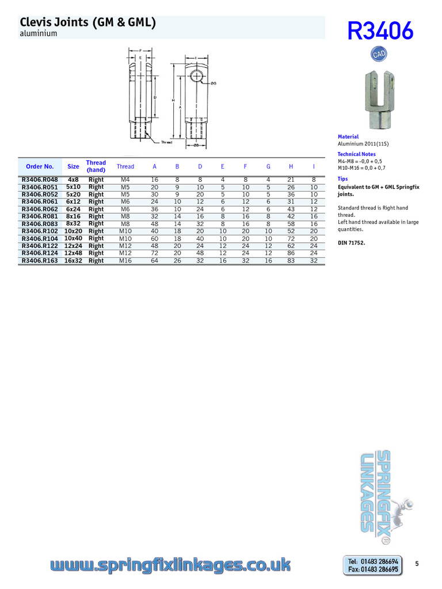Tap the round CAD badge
coord(378,54)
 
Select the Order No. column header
coord(40,166)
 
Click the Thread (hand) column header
coord(96,166)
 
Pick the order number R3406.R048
coord(40,179)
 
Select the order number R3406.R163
coord(40,261)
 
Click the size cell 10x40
coord(73,238)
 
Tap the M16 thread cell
coord(125,261)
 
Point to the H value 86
coord(291,253)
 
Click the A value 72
coord(154,253)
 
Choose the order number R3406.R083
coord(40,224)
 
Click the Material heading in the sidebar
coord(348,137)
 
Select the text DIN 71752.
coord(351,243)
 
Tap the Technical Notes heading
coord(356,154)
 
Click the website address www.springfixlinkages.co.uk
coord(170,566)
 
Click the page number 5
coord(417,564)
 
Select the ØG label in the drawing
coord(214,83)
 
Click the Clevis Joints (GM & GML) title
coord(87,22)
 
